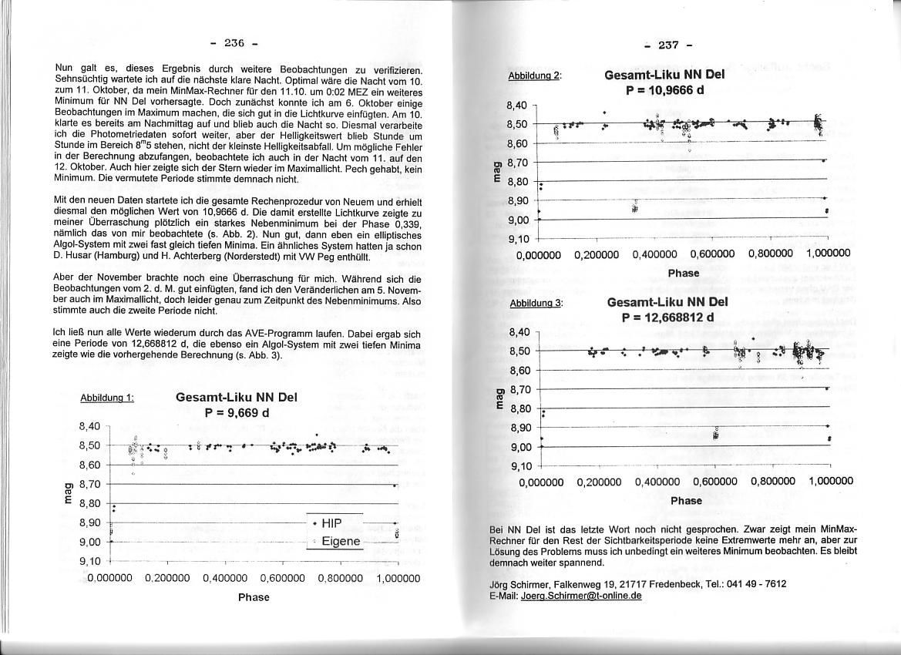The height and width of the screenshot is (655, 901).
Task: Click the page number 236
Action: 234,42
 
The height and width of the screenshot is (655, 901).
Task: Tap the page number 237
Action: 668,45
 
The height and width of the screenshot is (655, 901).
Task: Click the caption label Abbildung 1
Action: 107,398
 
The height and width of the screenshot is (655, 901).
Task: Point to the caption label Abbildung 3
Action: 536,303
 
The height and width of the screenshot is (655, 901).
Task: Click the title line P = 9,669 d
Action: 237,412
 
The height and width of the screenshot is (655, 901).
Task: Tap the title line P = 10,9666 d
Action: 664,89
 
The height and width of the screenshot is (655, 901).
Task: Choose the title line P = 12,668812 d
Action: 667,317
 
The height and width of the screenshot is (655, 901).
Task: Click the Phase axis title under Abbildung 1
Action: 254,597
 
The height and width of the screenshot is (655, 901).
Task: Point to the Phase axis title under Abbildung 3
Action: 686,500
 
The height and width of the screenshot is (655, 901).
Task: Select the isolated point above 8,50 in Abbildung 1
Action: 317,435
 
